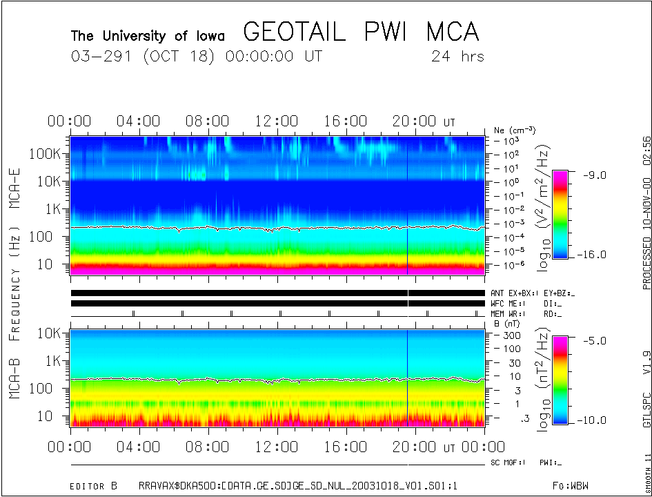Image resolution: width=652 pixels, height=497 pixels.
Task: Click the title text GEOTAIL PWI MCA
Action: coord(361,32)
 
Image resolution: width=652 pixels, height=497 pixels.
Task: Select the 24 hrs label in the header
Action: coord(457,57)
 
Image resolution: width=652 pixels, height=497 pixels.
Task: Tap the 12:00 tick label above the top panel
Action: coord(277,122)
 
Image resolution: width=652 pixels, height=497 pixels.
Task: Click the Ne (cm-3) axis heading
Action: coord(515,130)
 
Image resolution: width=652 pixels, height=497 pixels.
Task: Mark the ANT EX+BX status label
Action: coord(511,293)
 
